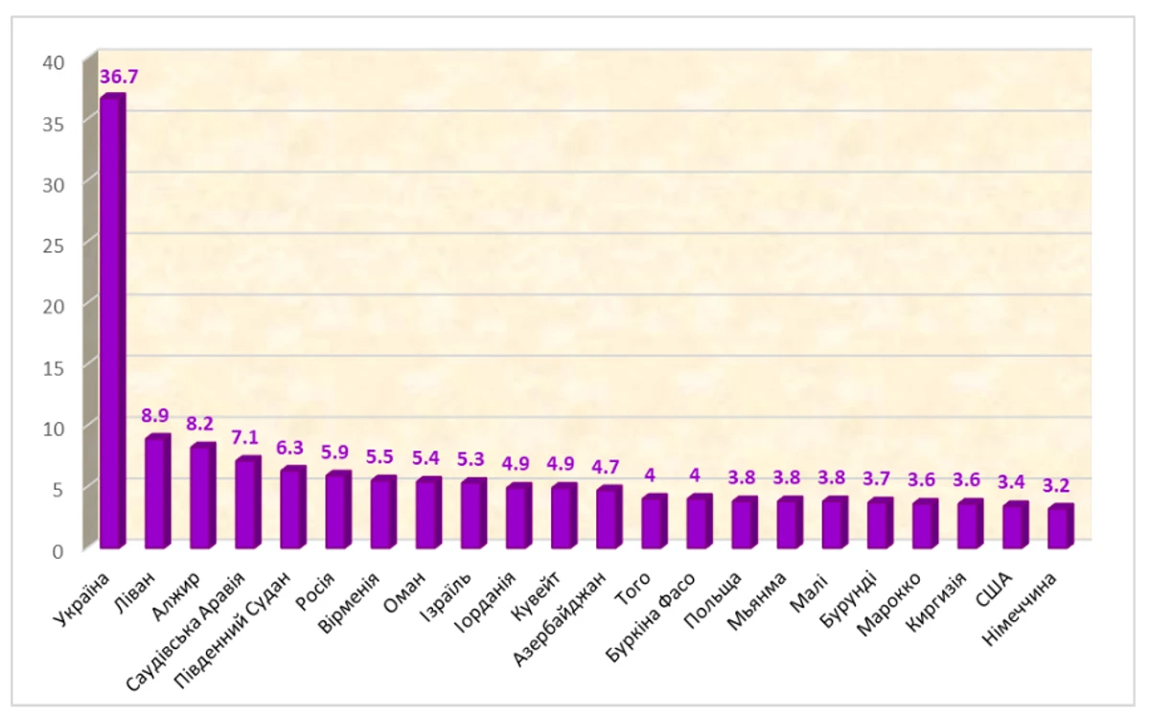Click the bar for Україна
pyautogui.click(x=112, y=322)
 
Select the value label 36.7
pyautogui.click(x=119, y=77)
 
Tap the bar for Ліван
pyautogui.click(x=156, y=493)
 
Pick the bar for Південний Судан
pyautogui.click(x=292, y=508)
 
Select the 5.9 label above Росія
pyautogui.click(x=337, y=452)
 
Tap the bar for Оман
pyautogui.click(x=427, y=514)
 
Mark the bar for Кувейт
pyautogui.click(x=563, y=517)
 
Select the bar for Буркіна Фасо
pyautogui.click(x=699, y=522)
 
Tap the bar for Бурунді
pyautogui.click(x=879, y=524)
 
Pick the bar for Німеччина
pyautogui.click(x=1060, y=526)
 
